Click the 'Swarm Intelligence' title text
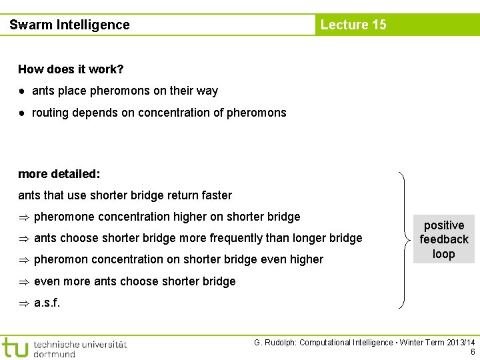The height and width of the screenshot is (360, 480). click(69, 25)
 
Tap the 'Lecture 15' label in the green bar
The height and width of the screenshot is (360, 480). click(353, 25)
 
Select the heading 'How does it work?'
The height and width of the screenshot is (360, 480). click(71, 69)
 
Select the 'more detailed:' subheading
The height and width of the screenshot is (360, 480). click(59, 174)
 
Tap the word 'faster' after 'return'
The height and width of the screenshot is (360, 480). click(215, 195)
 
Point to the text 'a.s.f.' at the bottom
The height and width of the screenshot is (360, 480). click(47, 302)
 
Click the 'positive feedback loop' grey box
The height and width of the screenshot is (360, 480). click(443, 239)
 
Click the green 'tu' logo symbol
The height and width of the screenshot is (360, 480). click(15, 347)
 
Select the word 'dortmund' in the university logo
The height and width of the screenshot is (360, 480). click(54, 353)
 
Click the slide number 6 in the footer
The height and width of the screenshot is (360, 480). click(473, 352)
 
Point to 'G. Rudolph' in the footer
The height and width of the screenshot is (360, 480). click(274, 343)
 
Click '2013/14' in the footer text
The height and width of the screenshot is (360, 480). click(461, 343)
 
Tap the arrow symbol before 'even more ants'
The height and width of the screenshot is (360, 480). click(24, 281)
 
